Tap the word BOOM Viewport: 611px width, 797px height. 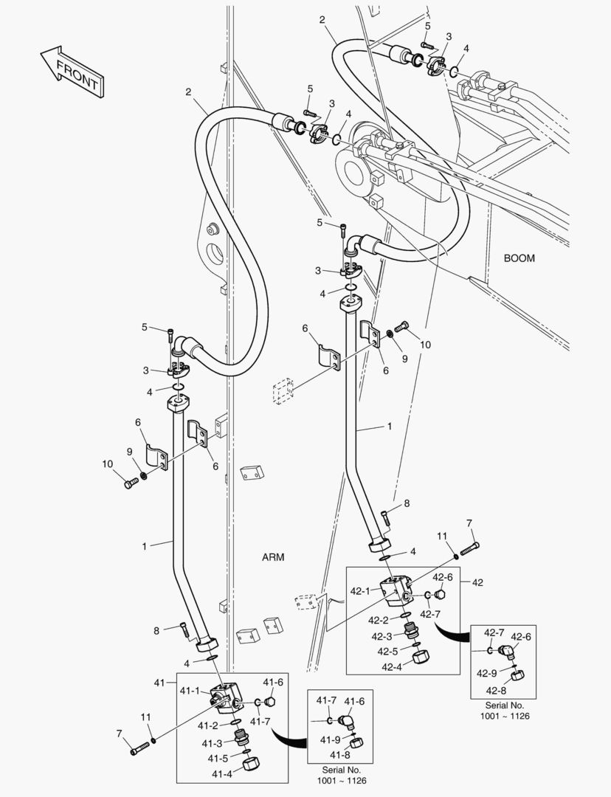(x=519, y=258)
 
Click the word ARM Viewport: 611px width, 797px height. (x=272, y=556)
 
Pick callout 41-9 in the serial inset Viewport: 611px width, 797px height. (x=328, y=739)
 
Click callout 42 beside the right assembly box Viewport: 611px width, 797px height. (x=477, y=582)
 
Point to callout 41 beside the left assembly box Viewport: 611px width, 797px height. (x=159, y=683)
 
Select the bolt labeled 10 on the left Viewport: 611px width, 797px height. (x=132, y=483)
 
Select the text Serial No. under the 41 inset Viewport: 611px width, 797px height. (x=342, y=769)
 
